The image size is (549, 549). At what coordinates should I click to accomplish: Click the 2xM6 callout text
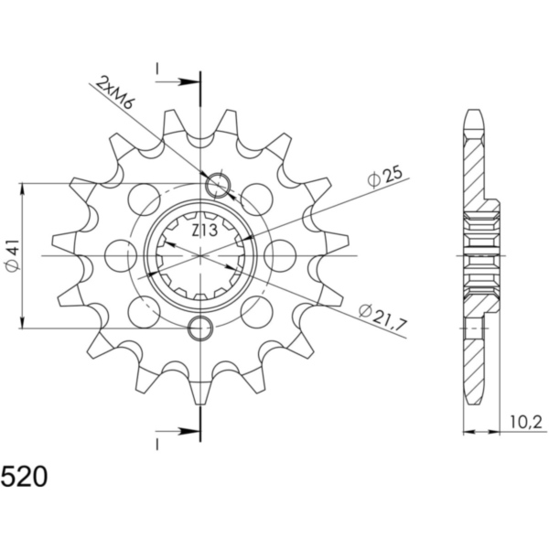click(x=115, y=92)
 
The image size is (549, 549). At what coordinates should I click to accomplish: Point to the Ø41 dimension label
click(x=13, y=256)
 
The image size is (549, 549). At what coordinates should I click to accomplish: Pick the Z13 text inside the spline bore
click(x=205, y=231)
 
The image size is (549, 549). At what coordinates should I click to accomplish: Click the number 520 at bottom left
click(x=25, y=477)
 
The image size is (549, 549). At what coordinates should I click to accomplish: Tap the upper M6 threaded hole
click(x=219, y=185)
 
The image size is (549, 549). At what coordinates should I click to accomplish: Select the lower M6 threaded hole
click(x=200, y=328)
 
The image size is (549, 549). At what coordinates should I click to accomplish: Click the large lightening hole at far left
click(x=121, y=255)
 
